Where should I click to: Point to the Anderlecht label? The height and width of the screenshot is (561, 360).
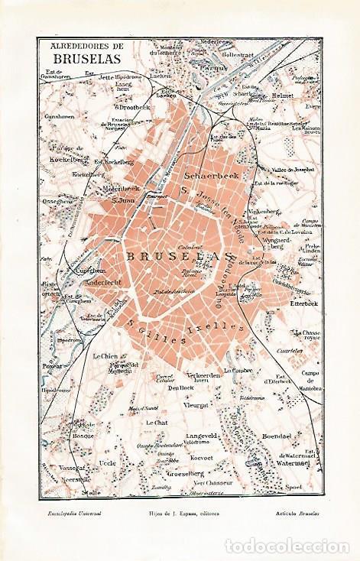[86, 279]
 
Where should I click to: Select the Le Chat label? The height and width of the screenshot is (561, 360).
[156, 422]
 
